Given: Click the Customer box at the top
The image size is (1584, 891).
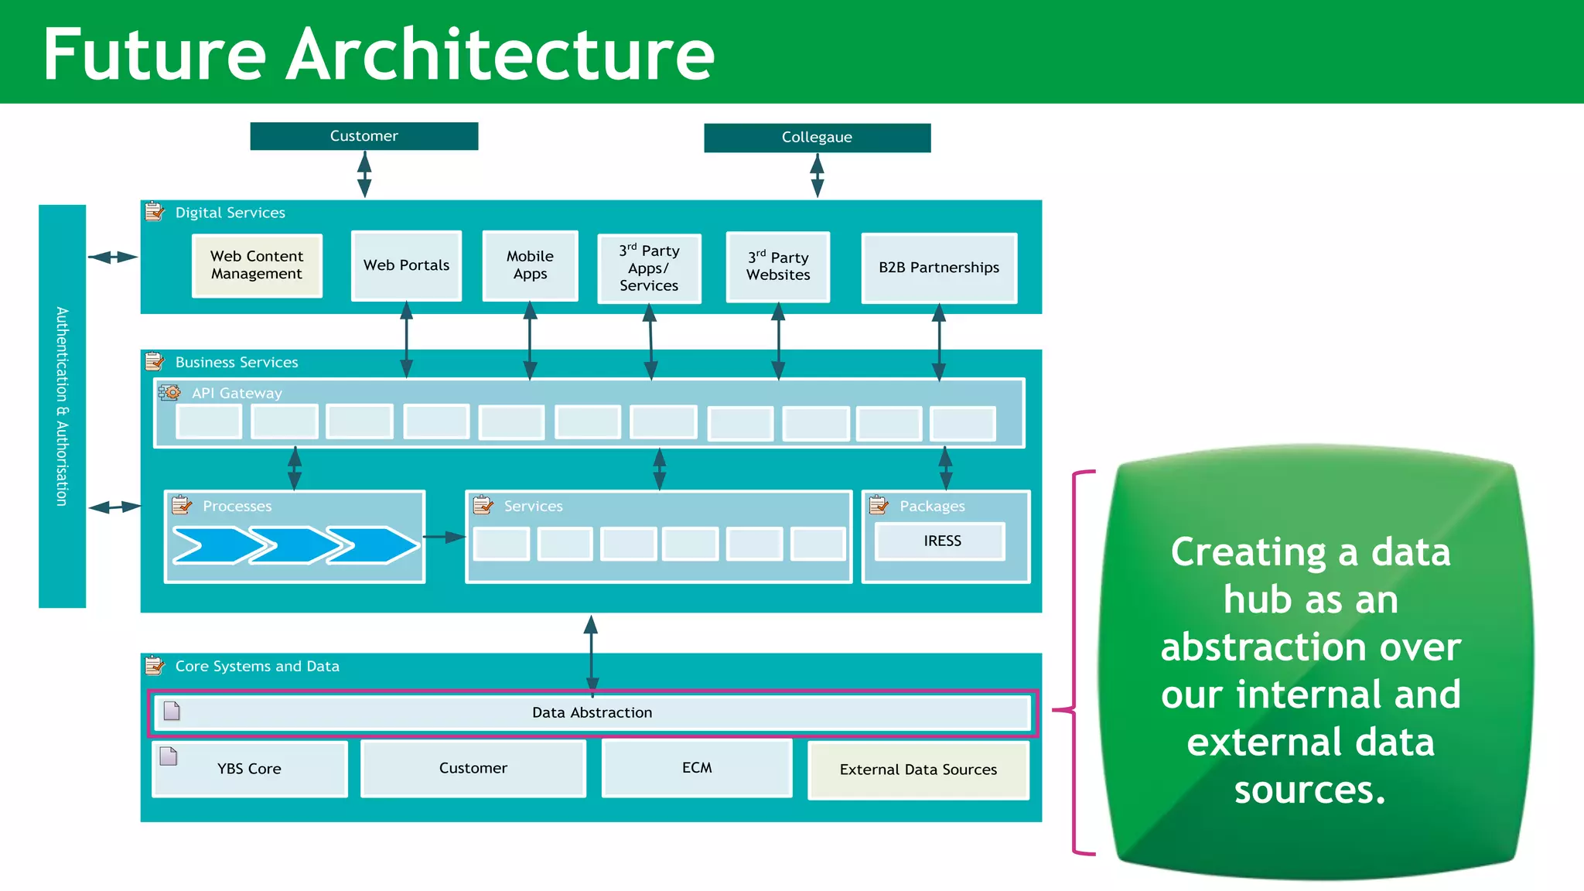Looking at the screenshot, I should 364,136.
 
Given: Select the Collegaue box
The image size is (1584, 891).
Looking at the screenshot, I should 817,138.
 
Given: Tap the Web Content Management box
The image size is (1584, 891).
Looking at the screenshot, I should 257,265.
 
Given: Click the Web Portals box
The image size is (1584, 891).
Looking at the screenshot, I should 406,265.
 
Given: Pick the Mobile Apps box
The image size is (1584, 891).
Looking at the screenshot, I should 530,265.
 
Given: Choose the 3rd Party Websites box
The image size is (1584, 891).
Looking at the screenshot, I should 778,267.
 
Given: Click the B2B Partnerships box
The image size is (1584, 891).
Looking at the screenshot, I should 938,268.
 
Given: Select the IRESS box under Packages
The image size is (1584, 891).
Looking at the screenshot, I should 940,541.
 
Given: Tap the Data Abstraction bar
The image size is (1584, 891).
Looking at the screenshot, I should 592,712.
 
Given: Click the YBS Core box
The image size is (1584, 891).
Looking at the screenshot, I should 249,769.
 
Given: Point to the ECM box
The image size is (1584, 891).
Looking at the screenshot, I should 696,768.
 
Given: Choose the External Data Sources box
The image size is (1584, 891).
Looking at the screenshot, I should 918,770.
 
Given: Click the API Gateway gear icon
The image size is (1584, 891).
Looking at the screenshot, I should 169,393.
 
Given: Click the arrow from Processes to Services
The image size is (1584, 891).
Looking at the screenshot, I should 445,537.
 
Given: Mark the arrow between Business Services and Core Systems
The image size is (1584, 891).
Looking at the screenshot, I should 591,654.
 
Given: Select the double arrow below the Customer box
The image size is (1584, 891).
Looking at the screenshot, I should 364,175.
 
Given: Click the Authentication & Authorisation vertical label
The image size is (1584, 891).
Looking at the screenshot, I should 62,406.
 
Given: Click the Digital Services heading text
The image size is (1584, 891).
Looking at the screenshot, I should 230,213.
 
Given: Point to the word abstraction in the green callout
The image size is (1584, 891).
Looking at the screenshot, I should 1310,647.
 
